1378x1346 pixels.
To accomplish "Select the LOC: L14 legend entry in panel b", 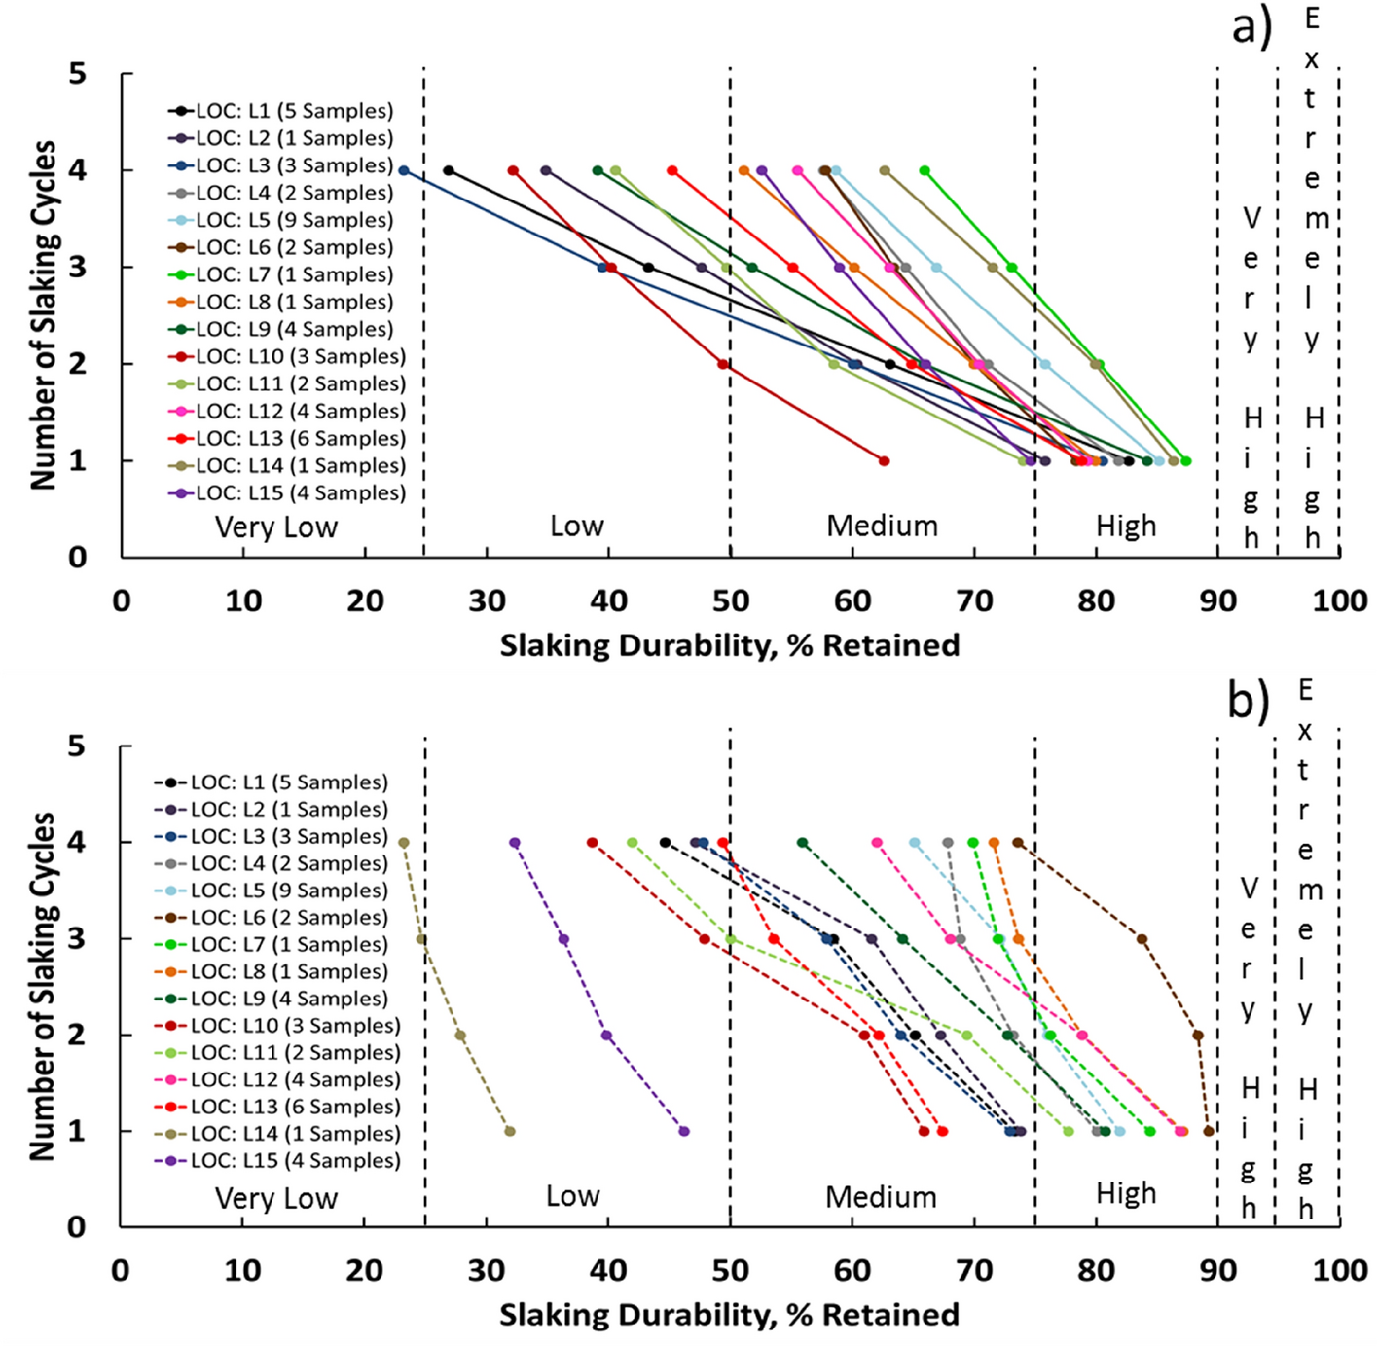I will click(x=276, y=1134).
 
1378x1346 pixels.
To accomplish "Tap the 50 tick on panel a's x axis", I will click(x=730, y=601).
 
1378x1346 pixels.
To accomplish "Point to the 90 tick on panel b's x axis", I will click(x=1217, y=1271).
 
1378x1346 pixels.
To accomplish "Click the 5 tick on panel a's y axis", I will click(x=77, y=74).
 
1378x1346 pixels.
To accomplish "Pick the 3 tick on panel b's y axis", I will click(x=77, y=939).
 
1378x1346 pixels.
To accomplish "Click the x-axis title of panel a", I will click(x=730, y=645).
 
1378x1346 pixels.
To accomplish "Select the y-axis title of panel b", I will click(x=42, y=986).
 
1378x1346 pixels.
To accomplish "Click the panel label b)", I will click(x=1249, y=700).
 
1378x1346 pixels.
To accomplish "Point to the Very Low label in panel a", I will click(x=276, y=527).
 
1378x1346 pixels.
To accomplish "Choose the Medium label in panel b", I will click(x=881, y=1197).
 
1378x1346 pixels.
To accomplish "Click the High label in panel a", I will click(x=1126, y=527).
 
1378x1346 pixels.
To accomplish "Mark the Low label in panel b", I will click(x=572, y=1196).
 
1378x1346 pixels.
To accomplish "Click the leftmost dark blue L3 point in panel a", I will click(x=404, y=170).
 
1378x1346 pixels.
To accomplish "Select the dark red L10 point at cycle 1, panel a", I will click(x=884, y=461).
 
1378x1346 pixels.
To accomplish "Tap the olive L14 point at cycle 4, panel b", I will click(x=404, y=843).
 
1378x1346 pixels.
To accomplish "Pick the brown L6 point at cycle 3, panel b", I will click(x=1142, y=939).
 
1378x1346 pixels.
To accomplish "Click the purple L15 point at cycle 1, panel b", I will click(x=684, y=1131).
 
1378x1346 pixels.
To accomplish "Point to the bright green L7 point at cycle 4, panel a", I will click(x=925, y=171).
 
